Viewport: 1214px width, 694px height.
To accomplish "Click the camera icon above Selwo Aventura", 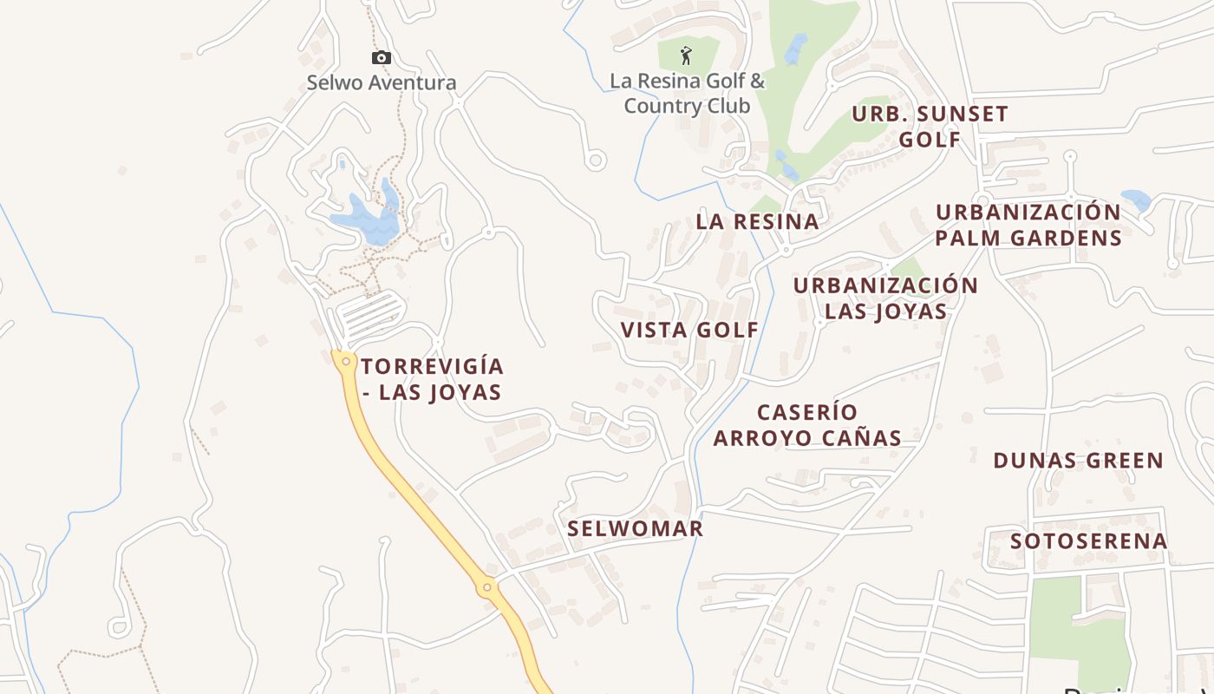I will [x=381, y=58].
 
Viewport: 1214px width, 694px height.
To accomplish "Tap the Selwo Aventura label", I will [x=381, y=83].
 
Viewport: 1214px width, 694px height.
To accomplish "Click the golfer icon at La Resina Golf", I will [x=687, y=56].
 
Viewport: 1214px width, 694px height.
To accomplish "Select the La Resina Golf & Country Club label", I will [x=687, y=94].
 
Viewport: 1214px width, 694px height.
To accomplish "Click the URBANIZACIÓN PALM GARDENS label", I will [x=1028, y=225].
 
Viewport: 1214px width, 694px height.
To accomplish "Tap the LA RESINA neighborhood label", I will [x=757, y=221].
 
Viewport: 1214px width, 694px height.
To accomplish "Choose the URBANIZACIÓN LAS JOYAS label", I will [x=885, y=298].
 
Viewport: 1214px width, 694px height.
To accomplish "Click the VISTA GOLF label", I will [x=689, y=330].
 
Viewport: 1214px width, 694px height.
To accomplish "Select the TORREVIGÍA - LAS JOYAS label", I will [x=432, y=379].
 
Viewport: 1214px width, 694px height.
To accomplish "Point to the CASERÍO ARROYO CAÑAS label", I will [x=806, y=425].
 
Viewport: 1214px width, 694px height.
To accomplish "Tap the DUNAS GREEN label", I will [x=1078, y=461].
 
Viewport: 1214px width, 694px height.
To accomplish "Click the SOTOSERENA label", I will [x=1088, y=541].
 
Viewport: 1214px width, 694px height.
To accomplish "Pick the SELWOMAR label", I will [x=635, y=528].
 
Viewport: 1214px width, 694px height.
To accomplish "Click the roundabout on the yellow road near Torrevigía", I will [x=346, y=361].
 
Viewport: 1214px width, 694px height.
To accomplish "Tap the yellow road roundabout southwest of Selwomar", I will [x=487, y=588].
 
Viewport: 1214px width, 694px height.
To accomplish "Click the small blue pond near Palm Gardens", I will [x=1135, y=200].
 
